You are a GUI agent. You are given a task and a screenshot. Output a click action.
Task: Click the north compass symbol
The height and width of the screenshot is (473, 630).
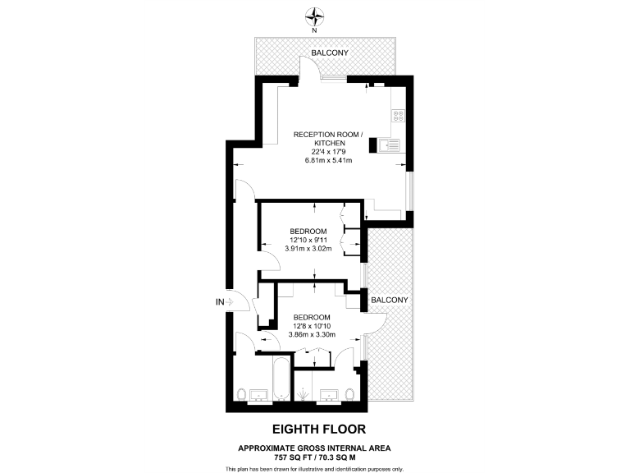314,14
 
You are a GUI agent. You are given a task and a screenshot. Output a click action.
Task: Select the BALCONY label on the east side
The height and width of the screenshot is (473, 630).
389,300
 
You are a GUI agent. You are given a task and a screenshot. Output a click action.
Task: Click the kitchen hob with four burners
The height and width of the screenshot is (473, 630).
398,117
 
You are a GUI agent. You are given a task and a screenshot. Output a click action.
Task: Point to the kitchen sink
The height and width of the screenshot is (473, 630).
390,147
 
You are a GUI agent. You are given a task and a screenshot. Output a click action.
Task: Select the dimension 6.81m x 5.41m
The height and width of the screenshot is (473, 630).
327,160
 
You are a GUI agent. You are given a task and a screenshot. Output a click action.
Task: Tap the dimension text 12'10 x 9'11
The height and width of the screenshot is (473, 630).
309,239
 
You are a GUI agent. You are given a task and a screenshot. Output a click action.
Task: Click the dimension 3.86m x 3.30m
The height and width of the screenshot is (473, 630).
312,336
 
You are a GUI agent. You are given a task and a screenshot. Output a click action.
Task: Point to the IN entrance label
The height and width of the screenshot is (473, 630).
219,303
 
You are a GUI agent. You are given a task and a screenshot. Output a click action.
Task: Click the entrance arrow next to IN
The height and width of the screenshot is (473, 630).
231,303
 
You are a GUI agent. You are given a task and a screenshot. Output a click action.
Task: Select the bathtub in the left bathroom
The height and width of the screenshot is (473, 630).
280,379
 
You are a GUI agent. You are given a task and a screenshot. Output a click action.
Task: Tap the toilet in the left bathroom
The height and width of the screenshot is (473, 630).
240,396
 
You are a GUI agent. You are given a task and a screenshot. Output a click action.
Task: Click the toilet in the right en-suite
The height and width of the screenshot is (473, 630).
351,396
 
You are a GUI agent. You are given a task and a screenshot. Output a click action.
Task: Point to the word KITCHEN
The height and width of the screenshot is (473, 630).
327,142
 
